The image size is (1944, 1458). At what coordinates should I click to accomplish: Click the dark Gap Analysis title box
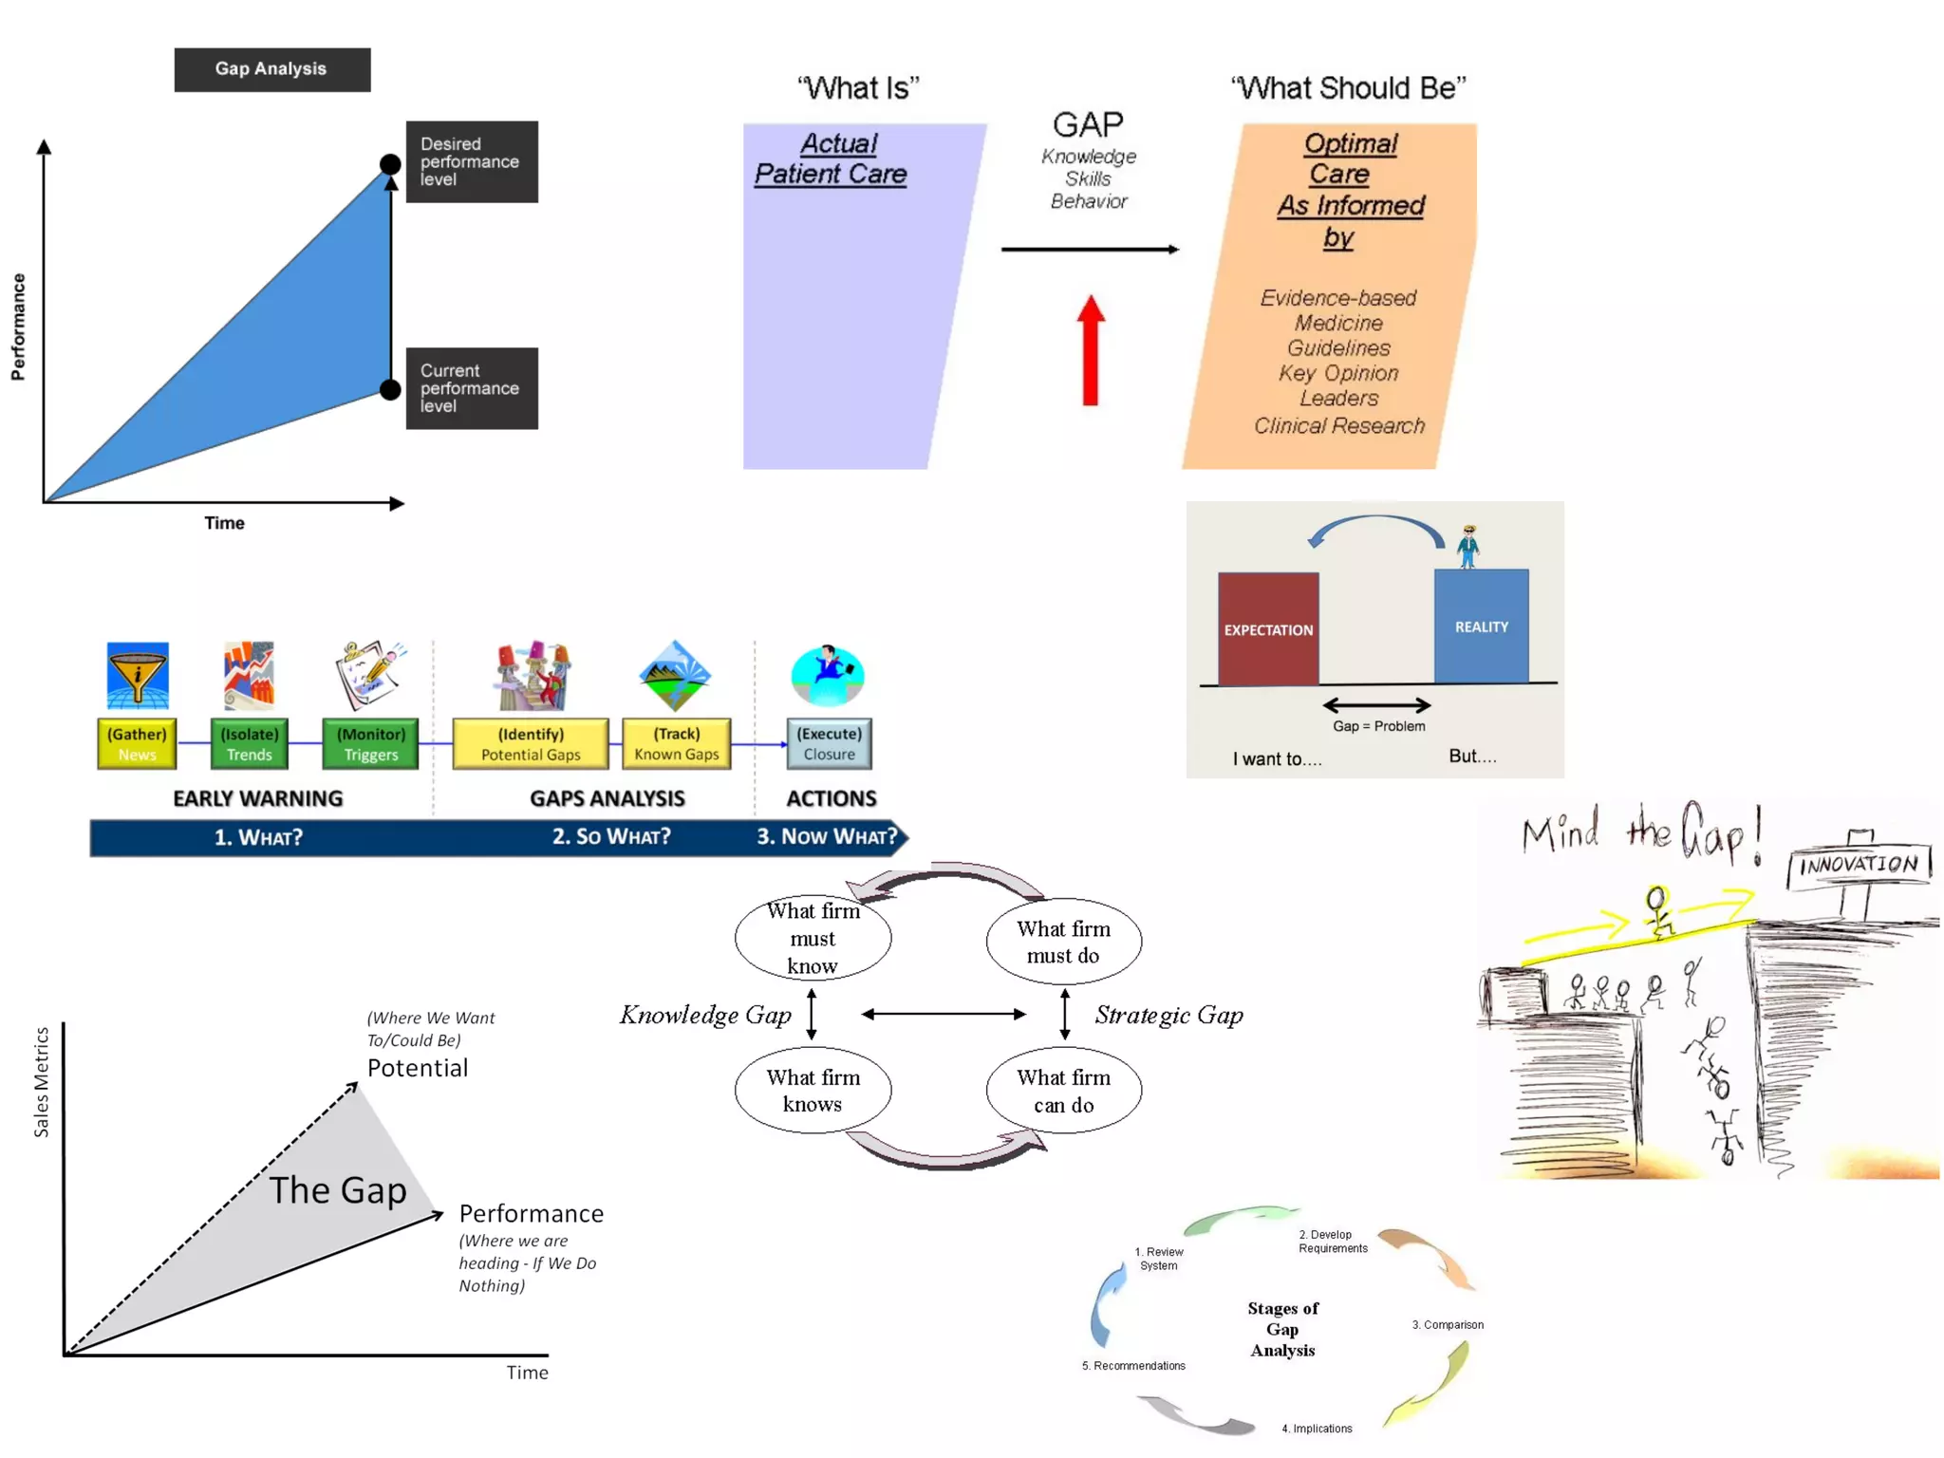coord(271,69)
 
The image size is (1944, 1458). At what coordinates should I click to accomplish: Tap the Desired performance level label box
coord(472,161)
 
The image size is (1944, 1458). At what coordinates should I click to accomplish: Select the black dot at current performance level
coord(390,389)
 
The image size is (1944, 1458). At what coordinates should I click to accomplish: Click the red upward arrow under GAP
coord(1091,350)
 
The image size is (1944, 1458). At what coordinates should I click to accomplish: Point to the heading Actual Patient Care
coord(832,159)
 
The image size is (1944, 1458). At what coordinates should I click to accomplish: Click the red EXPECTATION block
coord(1268,628)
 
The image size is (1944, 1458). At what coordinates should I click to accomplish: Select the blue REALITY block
coord(1481,626)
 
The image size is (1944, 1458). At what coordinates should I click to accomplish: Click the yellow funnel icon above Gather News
coord(138,675)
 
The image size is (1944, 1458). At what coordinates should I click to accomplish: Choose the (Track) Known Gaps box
coord(676,743)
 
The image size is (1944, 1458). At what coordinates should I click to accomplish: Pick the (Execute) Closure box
coord(829,743)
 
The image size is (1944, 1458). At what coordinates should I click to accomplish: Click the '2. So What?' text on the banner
coord(611,836)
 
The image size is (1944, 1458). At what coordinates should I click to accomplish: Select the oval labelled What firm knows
coord(813,1090)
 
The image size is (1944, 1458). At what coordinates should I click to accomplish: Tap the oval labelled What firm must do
coord(1063,941)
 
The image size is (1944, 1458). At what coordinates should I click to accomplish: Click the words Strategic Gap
coord(1168,1015)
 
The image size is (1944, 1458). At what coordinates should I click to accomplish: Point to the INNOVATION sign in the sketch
coord(1858,865)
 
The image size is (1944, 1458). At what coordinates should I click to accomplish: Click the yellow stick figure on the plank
coord(1658,910)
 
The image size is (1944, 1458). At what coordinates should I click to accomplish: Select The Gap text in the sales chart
coord(338,1189)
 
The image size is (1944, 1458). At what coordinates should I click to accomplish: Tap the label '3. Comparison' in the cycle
coord(1447,1324)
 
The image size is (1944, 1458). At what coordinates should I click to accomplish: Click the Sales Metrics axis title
coord(41,1081)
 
